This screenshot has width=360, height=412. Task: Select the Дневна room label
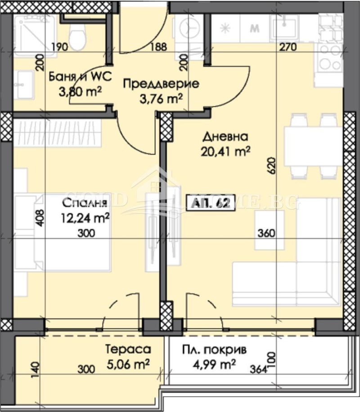225,136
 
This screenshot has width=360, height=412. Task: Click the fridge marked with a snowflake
225,28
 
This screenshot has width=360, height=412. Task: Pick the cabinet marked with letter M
255,28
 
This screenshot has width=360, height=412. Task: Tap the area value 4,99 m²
215,365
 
